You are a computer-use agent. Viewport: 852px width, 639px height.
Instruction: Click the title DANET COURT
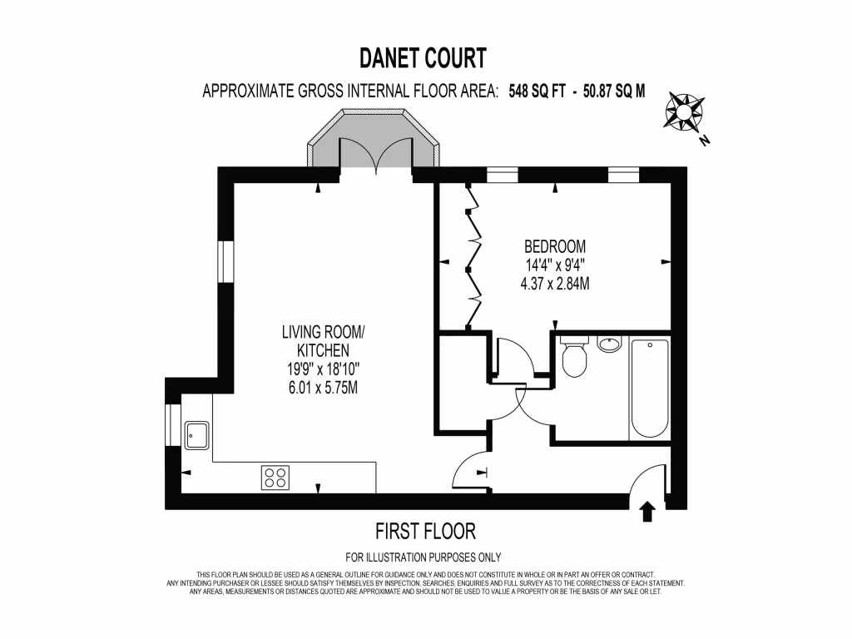click(x=423, y=58)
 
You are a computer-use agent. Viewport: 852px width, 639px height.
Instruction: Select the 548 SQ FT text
click(x=543, y=92)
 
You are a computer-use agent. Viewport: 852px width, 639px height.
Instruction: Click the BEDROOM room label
click(x=554, y=247)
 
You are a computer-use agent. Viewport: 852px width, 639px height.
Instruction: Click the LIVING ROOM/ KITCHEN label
click(x=323, y=342)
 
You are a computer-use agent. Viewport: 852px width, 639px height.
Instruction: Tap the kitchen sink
click(x=197, y=434)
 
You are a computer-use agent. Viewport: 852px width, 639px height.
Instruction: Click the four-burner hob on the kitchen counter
click(x=275, y=477)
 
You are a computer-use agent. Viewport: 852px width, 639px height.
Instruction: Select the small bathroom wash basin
click(x=609, y=344)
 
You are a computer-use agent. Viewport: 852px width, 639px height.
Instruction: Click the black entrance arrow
click(x=647, y=510)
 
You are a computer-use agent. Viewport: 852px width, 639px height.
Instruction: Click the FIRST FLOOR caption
click(x=425, y=531)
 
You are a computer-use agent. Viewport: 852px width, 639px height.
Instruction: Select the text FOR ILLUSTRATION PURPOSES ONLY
click(x=423, y=557)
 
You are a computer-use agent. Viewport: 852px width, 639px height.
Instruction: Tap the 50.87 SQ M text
click(x=606, y=92)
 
